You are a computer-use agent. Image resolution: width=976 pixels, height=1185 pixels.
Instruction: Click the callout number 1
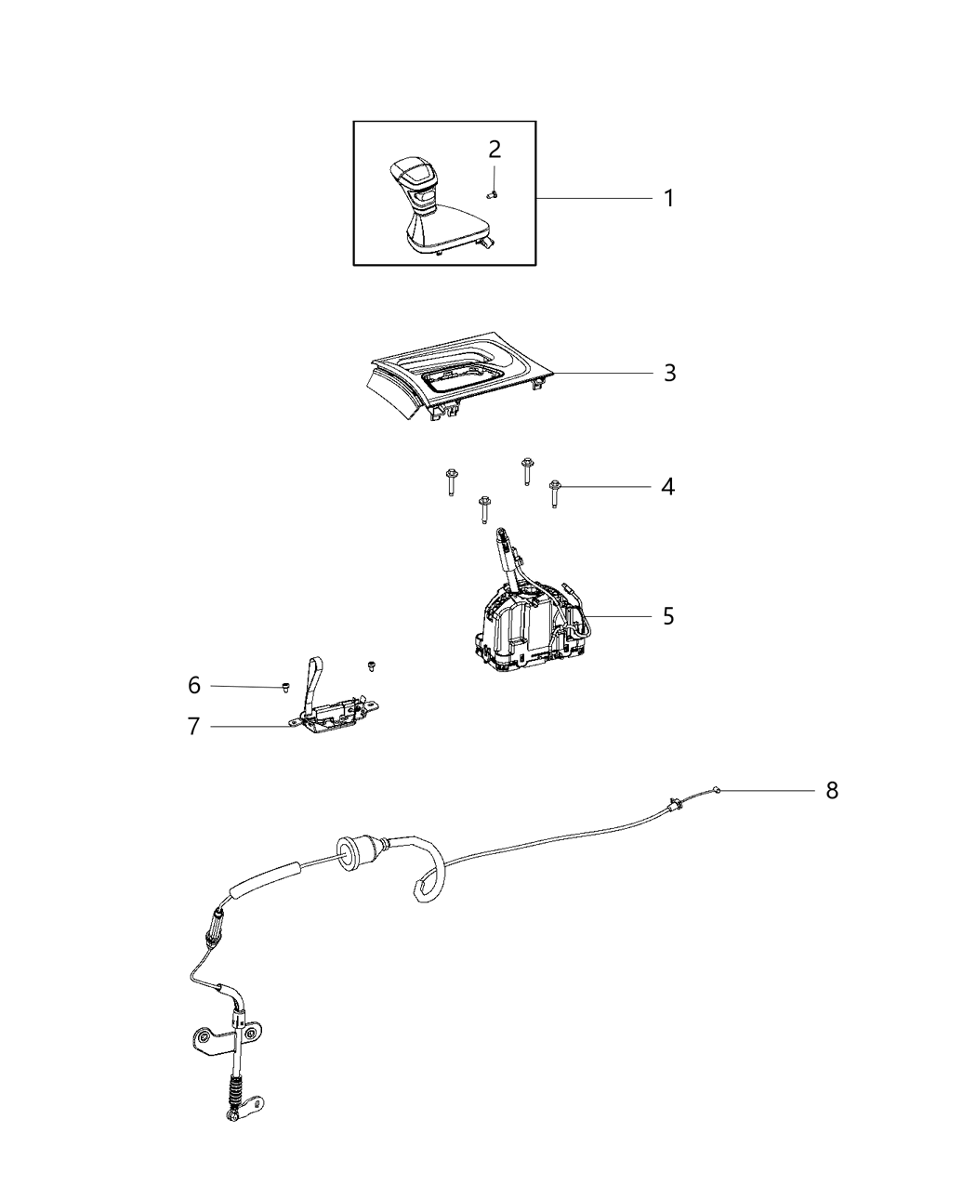click(x=667, y=198)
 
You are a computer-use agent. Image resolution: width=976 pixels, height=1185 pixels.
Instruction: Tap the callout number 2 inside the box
click(x=495, y=150)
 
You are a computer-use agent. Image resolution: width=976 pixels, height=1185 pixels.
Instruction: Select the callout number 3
click(x=669, y=373)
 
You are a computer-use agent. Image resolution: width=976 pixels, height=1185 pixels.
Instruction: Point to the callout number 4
click(x=667, y=486)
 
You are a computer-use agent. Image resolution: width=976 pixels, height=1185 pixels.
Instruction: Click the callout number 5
click(x=668, y=616)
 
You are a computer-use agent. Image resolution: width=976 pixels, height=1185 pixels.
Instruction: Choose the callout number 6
click(x=193, y=685)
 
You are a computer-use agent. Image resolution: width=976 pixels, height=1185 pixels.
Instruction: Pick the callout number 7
click(x=193, y=726)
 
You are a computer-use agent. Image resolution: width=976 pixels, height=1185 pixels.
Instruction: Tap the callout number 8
click(x=831, y=790)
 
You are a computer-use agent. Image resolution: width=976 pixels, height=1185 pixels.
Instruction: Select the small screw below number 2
click(x=493, y=193)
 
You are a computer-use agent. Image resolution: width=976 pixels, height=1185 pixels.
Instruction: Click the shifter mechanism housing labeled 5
click(x=521, y=623)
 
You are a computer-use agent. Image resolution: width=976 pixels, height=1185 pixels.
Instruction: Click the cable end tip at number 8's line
click(x=715, y=790)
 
